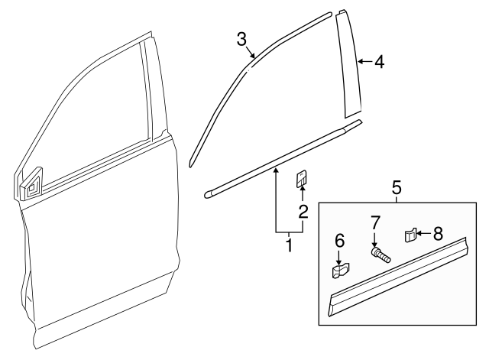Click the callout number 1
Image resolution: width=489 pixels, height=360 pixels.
[289, 245]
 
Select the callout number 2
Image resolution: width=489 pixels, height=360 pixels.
[303, 212]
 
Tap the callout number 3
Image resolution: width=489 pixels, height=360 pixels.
[241, 38]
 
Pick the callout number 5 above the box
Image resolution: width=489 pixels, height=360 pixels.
[397, 186]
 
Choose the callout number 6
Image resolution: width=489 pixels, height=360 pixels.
[340, 242]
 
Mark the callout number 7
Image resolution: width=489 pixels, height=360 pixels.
[374, 223]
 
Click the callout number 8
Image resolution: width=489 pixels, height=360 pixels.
[437, 233]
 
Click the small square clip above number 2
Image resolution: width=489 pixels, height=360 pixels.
[302, 179]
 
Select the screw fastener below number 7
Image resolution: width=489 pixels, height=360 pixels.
[379, 254]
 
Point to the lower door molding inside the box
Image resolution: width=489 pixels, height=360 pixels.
[397, 275]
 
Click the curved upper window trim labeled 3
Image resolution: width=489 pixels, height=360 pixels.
[229, 84]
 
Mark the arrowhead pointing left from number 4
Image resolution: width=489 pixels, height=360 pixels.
[361, 61]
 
